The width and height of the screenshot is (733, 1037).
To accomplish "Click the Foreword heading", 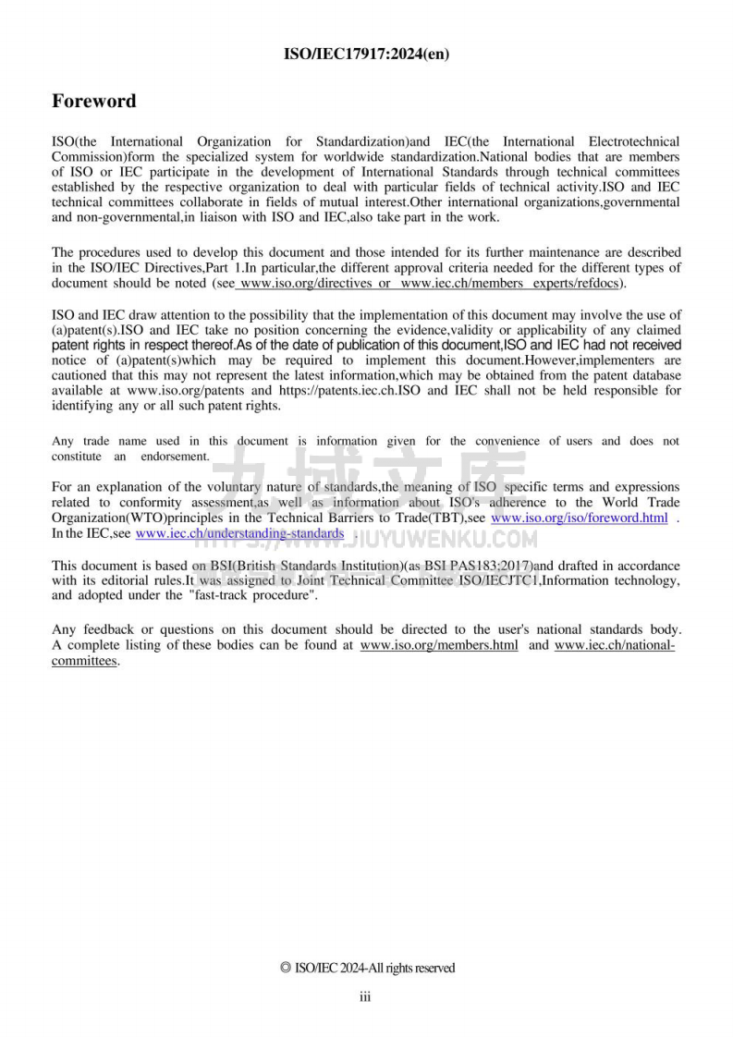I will coord(93,101).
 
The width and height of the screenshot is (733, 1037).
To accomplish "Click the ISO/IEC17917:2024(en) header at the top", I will coord(366,54).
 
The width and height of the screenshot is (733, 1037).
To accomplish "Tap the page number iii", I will coord(365,996).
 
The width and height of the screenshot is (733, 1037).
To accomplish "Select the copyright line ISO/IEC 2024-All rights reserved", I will coord(367,968).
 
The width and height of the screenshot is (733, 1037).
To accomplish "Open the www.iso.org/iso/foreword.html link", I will coord(579,518).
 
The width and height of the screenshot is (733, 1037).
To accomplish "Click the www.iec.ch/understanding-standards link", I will coord(239,533).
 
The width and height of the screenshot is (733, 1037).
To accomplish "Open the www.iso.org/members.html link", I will coord(438,644).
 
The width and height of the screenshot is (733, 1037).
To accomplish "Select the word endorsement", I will coord(175,456).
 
